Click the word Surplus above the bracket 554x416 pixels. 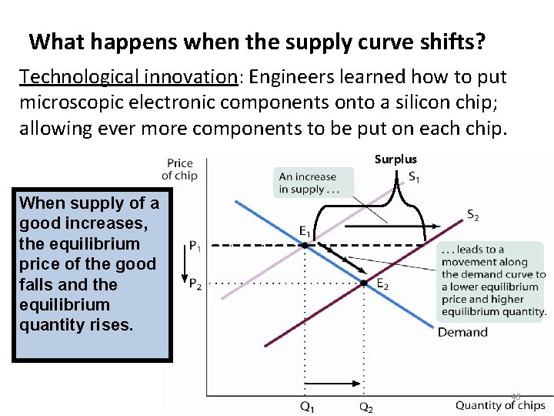(395, 159)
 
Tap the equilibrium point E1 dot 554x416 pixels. (305, 245)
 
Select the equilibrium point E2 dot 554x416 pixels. (363, 283)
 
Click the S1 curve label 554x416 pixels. (414, 178)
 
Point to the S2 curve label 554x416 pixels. (472, 216)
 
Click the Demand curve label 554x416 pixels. (462, 333)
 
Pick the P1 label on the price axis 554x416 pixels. (195, 247)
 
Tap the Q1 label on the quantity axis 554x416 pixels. (306, 407)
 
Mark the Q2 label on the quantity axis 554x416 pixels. (365, 407)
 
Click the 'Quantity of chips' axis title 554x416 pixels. (500, 405)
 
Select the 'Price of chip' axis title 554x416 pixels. (179, 169)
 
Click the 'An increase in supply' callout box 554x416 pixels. (312, 183)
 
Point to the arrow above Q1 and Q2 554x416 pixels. (333, 383)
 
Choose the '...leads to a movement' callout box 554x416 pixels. (491, 280)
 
